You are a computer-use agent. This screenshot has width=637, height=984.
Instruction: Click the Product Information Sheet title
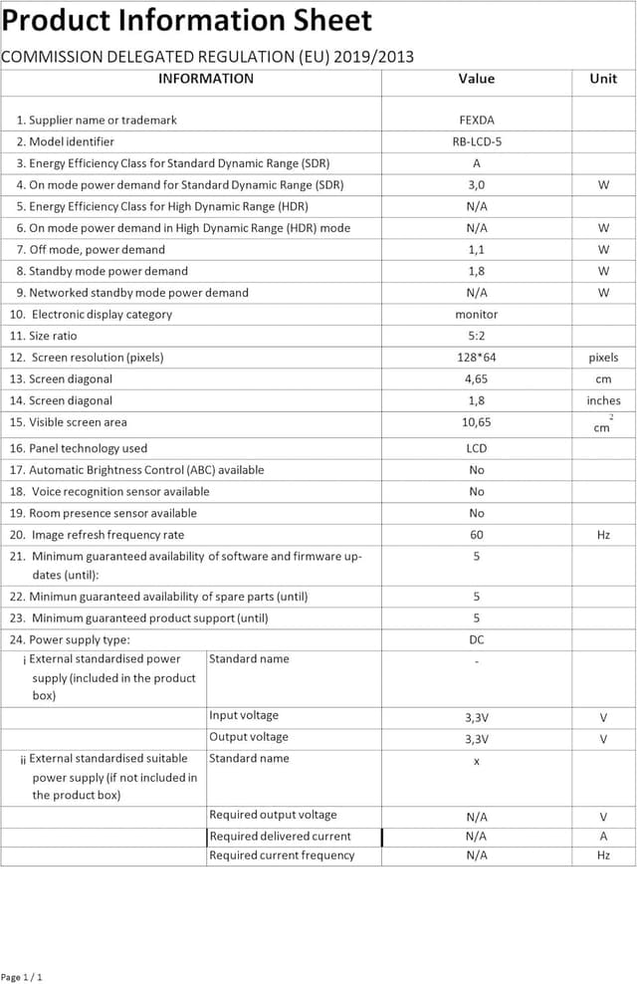point(187,20)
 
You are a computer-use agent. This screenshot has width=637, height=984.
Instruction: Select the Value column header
point(476,79)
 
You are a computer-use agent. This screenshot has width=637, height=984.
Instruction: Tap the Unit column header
point(603,79)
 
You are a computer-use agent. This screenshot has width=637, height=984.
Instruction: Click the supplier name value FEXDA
point(477,121)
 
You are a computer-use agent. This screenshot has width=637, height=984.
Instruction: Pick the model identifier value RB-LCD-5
point(477,141)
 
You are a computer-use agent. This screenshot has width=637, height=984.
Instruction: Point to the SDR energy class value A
point(477,163)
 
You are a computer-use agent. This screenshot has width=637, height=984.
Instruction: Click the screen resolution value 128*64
point(477,358)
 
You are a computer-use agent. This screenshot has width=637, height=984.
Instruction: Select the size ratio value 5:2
point(477,336)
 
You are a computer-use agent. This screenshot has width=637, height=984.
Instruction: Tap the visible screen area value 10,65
point(477,422)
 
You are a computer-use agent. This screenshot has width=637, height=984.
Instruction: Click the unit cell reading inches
point(603,400)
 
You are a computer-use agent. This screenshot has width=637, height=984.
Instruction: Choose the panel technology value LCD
point(477,448)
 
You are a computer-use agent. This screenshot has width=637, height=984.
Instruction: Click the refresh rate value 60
point(477,535)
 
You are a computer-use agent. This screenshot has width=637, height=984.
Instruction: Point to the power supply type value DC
point(477,640)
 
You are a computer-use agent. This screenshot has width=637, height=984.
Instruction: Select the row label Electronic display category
point(101,315)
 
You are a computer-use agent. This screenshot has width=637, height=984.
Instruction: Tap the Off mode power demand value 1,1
point(477,250)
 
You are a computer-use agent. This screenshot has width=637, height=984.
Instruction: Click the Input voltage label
point(244,715)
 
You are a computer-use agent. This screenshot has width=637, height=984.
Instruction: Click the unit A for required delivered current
point(603,837)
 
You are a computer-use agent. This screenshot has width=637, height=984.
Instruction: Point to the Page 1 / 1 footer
point(22,977)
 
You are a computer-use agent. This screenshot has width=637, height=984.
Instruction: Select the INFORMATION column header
point(206,79)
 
